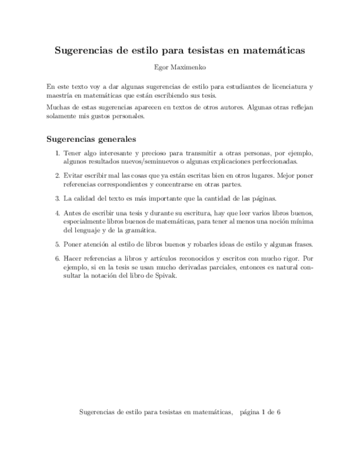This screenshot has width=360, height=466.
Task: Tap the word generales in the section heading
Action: click(114, 138)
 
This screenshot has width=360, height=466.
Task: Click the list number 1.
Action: click(57, 153)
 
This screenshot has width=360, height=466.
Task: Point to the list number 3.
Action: click(57, 198)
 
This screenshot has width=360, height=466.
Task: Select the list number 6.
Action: click(57, 258)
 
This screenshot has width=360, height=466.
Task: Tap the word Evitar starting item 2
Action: click(73, 175)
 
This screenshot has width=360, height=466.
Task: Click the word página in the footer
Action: click(251, 412)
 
